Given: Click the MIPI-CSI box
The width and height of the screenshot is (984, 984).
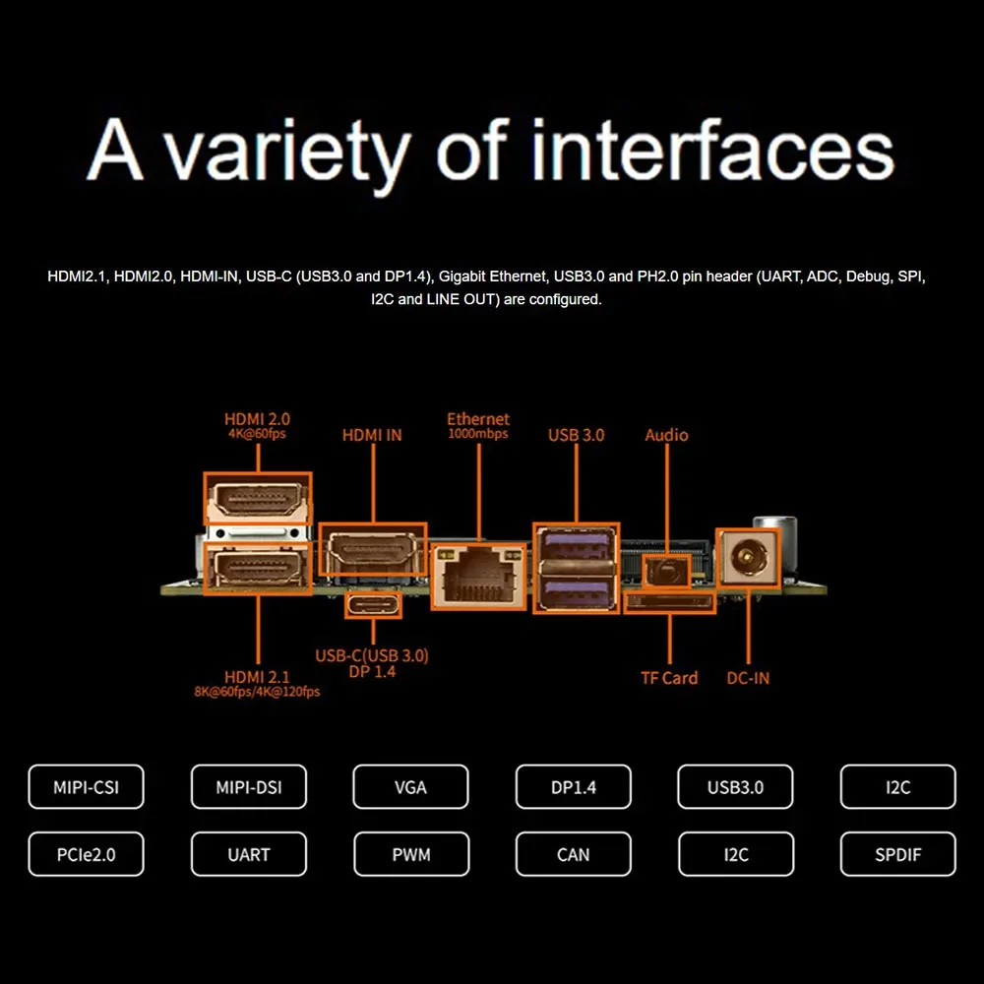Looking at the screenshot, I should coord(87,787).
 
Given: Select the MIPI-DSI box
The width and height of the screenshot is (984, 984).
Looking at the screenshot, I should coord(249,787).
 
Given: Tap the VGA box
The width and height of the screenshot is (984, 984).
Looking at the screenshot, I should coord(410,787).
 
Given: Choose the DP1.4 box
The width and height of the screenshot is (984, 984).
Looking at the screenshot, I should coord(573,787).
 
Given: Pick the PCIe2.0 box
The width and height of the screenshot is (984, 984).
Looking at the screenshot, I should coord(87,854).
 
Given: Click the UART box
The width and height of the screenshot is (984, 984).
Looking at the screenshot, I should coord(249,854).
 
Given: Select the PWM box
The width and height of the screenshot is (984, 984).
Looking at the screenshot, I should coord(410,854).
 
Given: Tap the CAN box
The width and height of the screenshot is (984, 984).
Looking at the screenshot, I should coord(573,854).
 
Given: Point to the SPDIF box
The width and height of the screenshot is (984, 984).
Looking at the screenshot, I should coord(897,854).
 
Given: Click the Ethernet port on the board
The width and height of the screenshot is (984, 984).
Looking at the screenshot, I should coord(477,577).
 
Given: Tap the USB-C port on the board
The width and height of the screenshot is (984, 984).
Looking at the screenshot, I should coord(373,602).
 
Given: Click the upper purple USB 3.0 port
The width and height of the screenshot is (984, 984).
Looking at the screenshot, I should coord(576,544).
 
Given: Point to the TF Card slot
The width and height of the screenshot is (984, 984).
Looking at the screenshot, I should coord(670,601).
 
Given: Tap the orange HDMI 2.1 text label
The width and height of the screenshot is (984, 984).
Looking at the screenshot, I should coord(257,677).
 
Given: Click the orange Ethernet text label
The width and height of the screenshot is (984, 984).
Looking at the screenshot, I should coord(478,419).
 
